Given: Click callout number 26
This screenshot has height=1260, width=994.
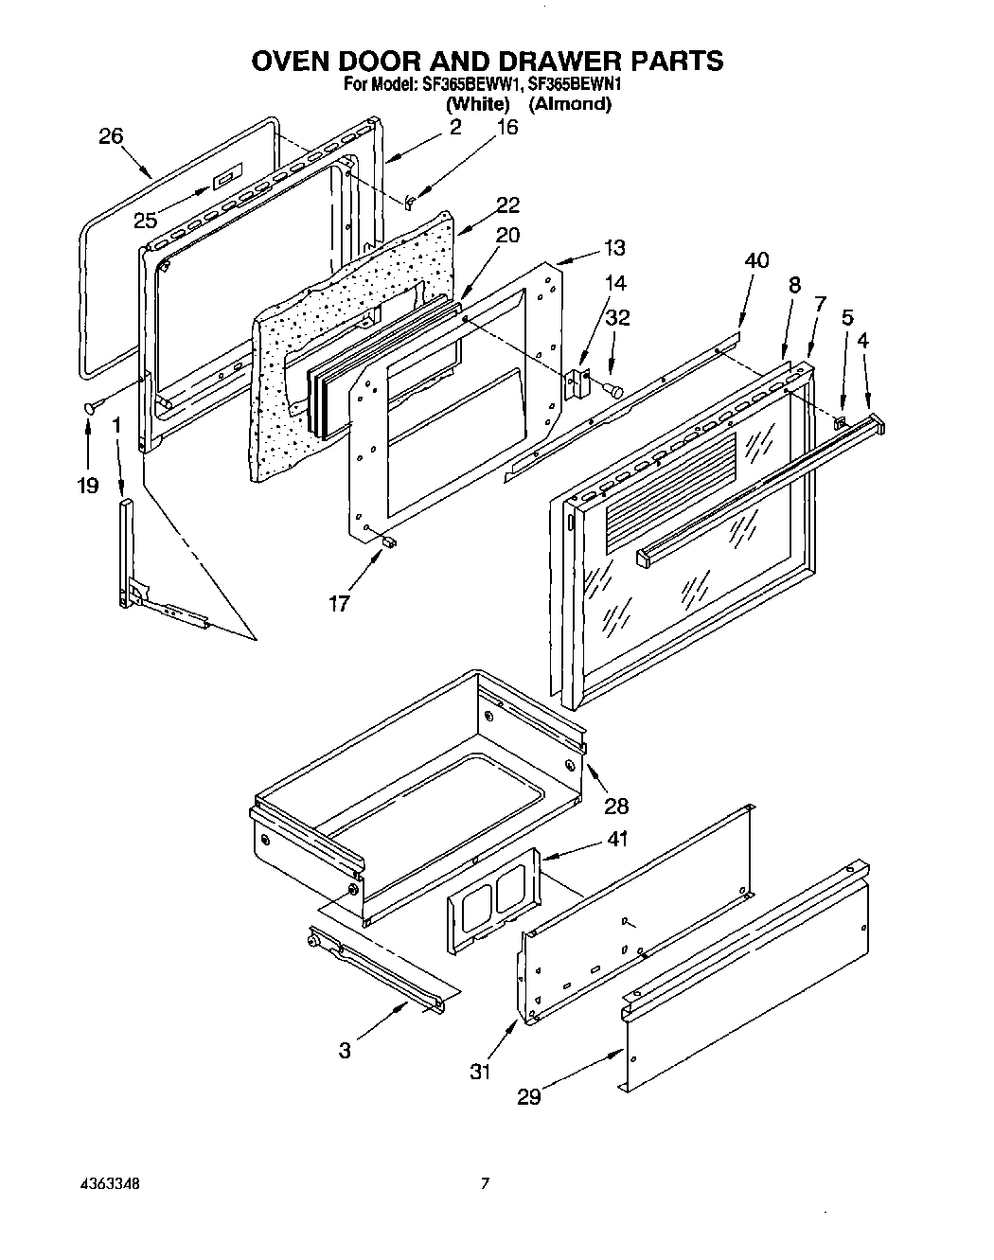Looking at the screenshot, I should (x=111, y=136).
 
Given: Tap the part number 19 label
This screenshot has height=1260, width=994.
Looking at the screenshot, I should (x=87, y=486).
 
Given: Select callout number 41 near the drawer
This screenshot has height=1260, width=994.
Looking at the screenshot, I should (x=617, y=838).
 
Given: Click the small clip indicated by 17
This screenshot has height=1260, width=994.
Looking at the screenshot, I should (x=389, y=541).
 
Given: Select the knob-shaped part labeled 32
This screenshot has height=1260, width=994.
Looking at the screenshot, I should (x=615, y=388).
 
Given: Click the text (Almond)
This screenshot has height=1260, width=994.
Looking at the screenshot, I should (x=569, y=104).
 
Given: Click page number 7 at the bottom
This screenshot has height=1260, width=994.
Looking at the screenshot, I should (x=485, y=1183).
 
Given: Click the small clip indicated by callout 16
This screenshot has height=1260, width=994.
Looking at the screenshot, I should (x=410, y=202).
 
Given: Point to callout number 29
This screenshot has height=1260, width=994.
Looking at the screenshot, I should (x=529, y=1096).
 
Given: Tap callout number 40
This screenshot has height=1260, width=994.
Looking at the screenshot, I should (x=756, y=260).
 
